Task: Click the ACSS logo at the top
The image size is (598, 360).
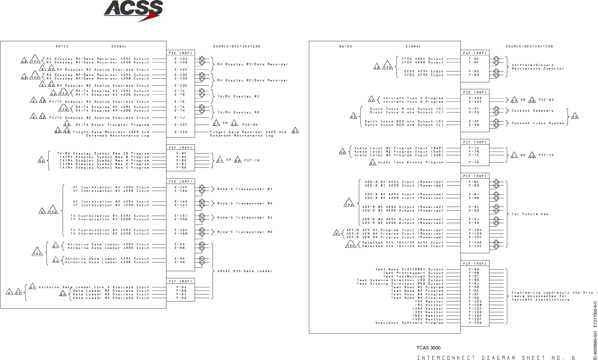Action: [x=133, y=11]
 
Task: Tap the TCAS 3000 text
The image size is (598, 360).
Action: [x=428, y=348]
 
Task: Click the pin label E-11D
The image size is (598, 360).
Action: [x=181, y=132]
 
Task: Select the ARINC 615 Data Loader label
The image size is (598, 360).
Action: [x=245, y=271]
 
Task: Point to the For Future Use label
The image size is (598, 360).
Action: [x=530, y=214]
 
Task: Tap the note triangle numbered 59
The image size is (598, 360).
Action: [x=575, y=117]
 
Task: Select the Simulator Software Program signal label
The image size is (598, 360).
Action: [x=409, y=323]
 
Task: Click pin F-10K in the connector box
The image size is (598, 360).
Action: [x=475, y=323]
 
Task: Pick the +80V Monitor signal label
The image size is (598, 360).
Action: [x=428, y=316]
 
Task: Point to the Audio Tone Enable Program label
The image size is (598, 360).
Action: [x=410, y=162]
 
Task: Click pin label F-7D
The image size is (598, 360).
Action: [x=474, y=162]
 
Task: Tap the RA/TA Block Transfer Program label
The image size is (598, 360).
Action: [x=112, y=125]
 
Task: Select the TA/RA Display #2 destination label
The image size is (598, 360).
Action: [x=238, y=112]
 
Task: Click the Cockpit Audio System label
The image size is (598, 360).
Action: [x=538, y=123]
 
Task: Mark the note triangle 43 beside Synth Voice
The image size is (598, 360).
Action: [x=353, y=117]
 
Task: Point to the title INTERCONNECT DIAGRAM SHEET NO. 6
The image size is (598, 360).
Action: [x=496, y=358]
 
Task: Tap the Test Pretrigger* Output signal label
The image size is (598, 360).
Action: [x=413, y=273]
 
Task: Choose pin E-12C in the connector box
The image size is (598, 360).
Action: [x=181, y=125]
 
